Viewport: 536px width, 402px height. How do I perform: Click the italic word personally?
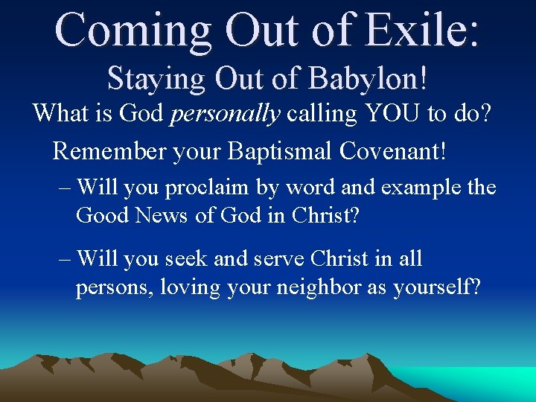226,114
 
